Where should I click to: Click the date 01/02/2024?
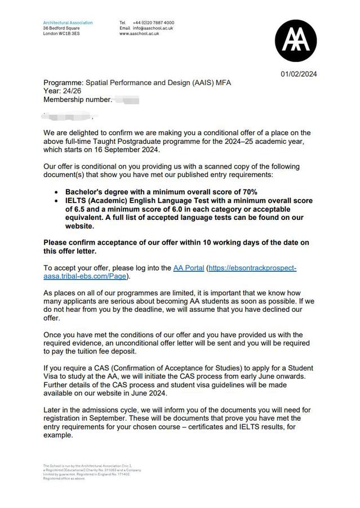pos(299,74)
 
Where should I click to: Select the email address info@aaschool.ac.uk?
pos(153,28)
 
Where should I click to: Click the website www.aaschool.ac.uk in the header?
pos(139,34)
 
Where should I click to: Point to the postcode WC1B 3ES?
pos(68,34)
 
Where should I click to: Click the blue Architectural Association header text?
pos(68,23)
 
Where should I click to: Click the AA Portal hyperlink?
pos(189,268)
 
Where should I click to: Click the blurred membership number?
pos(126,100)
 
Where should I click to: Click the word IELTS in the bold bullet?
pos(78,201)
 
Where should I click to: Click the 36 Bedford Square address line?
pos(61,28)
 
